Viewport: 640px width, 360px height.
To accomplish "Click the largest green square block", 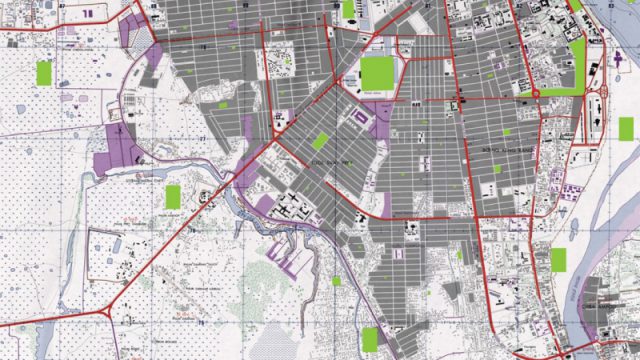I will pos(377,74).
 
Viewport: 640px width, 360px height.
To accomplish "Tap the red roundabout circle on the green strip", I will pos(535,93).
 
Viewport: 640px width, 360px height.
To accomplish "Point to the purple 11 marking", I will pos(91,13).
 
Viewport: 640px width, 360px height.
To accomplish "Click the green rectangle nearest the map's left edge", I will pos(44,72).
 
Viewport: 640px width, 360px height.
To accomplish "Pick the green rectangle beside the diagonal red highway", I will pos(172,195).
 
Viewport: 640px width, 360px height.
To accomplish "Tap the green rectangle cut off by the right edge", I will pos(626,128).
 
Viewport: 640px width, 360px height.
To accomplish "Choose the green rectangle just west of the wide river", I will pos(558,260).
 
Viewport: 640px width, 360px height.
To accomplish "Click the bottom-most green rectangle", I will pos(370,339).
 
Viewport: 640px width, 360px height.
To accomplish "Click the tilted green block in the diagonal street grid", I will pos(320,141).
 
